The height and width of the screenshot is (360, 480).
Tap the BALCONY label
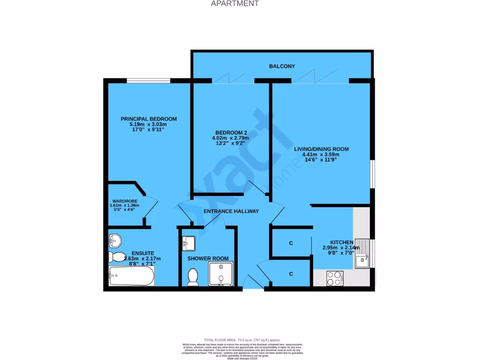click(x=282, y=66)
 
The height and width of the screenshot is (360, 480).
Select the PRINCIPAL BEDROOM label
click(x=148, y=119)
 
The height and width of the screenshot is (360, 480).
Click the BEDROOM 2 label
click(x=230, y=132)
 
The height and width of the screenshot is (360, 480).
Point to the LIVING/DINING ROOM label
click(x=321, y=149)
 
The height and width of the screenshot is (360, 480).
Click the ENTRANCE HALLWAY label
click(x=231, y=211)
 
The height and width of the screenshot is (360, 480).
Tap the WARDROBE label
click(x=124, y=201)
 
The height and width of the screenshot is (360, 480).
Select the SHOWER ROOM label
click(x=208, y=258)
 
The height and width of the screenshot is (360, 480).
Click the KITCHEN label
click(x=341, y=242)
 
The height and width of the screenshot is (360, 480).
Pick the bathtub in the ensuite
click(x=131, y=276)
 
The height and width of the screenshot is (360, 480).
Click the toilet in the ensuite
click(x=115, y=257)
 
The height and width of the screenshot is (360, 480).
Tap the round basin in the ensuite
click(x=114, y=241)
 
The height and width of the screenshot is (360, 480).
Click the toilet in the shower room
click(x=192, y=277)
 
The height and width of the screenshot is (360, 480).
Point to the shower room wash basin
click(x=189, y=242)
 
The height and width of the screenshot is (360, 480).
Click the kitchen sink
click(x=362, y=254)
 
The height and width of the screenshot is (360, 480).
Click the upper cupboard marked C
click(x=291, y=243)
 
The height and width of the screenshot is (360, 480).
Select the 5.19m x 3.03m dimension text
click(x=148, y=124)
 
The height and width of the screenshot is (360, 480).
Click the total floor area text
click(x=241, y=339)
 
